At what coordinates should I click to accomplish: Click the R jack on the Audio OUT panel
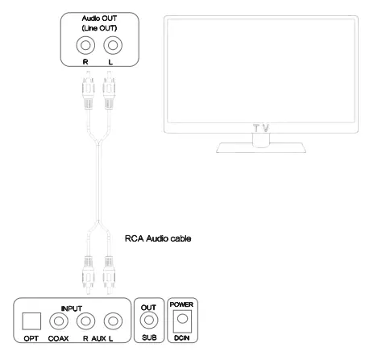(x=85, y=45)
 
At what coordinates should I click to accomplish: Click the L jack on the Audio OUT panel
(x=113, y=45)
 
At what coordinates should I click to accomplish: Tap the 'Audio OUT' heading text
(x=99, y=19)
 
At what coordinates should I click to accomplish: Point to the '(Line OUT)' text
(x=99, y=28)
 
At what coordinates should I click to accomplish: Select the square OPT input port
(x=31, y=321)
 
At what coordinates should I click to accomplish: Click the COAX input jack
(x=59, y=321)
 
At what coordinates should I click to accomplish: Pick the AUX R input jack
(x=85, y=321)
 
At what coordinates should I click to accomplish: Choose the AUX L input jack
(x=113, y=321)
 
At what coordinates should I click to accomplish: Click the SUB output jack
(x=149, y=320)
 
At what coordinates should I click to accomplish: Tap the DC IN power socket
(x=182, y=321)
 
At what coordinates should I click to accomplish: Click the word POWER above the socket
(x=181, y=304)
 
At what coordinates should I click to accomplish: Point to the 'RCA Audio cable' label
(x=158, y=238)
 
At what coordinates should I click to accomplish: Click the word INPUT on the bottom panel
(x=72, y=308)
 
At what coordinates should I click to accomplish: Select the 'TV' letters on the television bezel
(x=261, y=128)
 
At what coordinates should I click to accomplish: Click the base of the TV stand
(x=261, y=148)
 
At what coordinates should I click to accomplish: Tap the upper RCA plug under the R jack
(x=88, y=90)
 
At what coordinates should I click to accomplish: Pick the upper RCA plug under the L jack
(x=109, y=90)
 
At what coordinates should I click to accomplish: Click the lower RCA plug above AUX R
(x=88, y=275)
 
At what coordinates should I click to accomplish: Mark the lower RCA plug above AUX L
(x=109, y=275)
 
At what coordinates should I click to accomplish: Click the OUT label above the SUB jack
(x=148, y=308)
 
